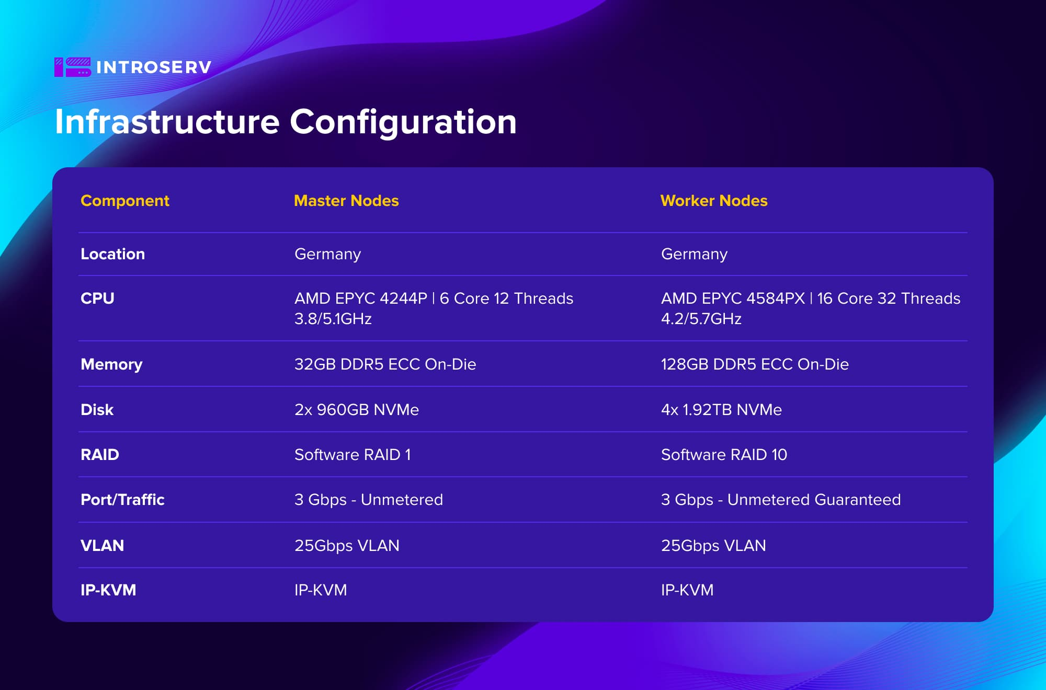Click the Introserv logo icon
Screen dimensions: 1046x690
73,67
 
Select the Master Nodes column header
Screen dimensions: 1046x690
346,201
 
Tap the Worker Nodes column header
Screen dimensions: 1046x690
714,201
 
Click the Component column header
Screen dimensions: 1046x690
125,201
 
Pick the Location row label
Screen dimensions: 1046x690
112,254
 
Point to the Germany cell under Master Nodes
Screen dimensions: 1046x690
328,255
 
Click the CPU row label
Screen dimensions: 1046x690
97,298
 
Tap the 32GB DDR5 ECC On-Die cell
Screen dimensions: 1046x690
385,364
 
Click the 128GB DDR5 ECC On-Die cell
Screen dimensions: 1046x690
755,364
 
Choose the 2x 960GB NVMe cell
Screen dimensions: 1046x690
357,410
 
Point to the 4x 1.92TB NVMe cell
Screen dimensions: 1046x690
721,410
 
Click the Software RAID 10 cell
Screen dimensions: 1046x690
724,455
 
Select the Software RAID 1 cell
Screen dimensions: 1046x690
353,455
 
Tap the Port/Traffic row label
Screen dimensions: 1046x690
122,500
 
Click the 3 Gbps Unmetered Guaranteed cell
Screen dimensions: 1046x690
781,500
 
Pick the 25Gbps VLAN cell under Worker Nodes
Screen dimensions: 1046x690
713,546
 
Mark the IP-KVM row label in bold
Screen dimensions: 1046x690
108,590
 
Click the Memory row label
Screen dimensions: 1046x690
111,365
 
